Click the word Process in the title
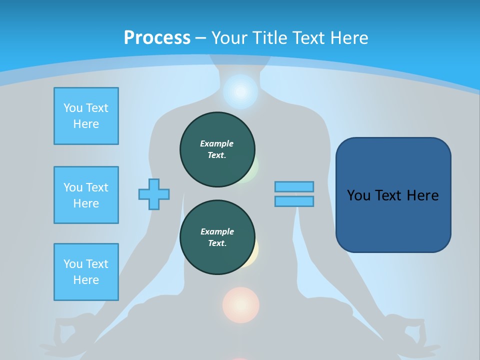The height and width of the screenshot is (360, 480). click(x=157, y=37)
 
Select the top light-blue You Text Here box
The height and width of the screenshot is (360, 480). click(x=86, y=116)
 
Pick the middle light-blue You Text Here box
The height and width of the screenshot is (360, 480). click(x=86, y=195)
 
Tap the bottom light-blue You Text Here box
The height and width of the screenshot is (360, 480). click(x=86, y=272)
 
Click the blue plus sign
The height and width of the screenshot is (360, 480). click(x=154, y=194)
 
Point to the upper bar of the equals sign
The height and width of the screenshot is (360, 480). click(x=294, y=186)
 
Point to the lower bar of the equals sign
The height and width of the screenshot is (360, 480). click(x=294, y=201)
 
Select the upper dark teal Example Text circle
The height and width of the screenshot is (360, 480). click(x=217, y=149)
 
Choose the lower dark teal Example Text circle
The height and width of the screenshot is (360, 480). click(x=217, y=237)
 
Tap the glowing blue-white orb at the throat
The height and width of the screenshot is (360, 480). click(x=240, y=92)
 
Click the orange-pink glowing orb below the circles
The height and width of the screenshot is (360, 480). click(x=241, y=304)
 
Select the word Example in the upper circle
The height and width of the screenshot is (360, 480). click(x=217, y=143)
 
